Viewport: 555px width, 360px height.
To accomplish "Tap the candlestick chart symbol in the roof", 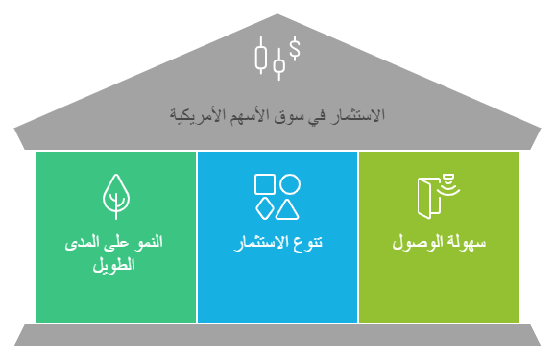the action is click(x=270, y=59).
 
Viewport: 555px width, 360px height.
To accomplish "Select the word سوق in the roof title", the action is click(x=289, y=116).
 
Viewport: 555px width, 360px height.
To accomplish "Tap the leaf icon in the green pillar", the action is click(x=115, y=195).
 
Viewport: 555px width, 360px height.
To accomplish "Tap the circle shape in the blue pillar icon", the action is click(x=289, y=184).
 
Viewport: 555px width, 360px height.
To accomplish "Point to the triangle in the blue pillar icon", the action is click(x=288, y=207).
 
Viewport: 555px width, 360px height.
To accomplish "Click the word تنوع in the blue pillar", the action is click(x=305, y=242).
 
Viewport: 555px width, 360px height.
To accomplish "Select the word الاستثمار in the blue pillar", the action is click(x=259, y=242).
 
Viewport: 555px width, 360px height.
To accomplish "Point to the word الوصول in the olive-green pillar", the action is click(x=419, y=242).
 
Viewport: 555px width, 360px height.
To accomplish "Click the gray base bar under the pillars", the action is click(x=277, y=335).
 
